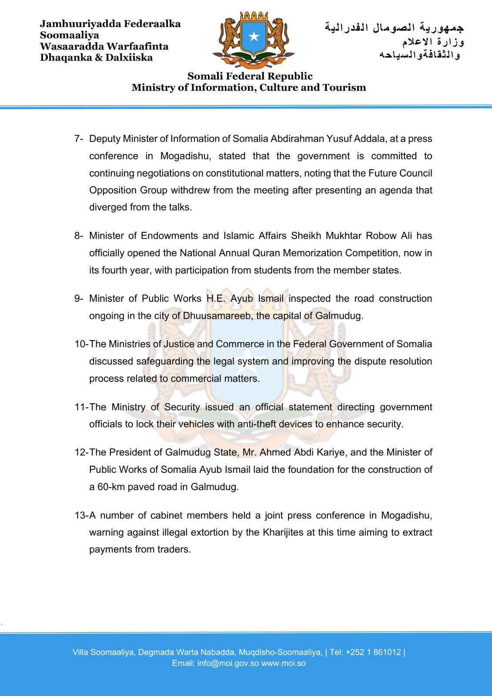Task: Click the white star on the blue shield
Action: pyautogui.click(x=254, y=37)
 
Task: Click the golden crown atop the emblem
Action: pyautogui.click(x=254, y=16)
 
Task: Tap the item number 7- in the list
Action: pyautogui.click(x=79, y=139)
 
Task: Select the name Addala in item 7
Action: pyautogui.click(x=370, y=139)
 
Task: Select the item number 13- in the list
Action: pyautogui.click(x=81, y=515)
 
